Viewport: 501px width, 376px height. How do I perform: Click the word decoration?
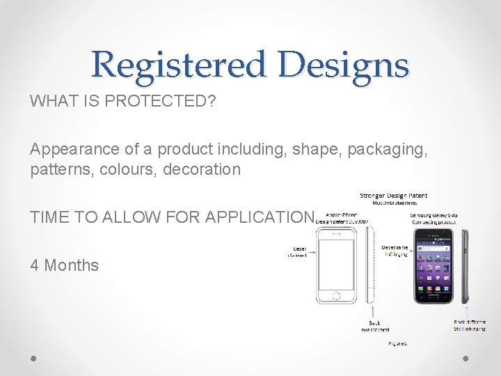tap(202, 169)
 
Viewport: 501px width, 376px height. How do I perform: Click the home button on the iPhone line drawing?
tap(337, 295)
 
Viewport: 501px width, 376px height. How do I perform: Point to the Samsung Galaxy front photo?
tap(434, 265)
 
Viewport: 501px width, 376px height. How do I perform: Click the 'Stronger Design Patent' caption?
tap(393, 196)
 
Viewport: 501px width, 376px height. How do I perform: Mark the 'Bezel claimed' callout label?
tap(298, 251)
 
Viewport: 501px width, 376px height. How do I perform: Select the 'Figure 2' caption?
tap(397, 343)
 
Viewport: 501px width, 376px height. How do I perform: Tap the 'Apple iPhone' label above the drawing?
tap(341, 214)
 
